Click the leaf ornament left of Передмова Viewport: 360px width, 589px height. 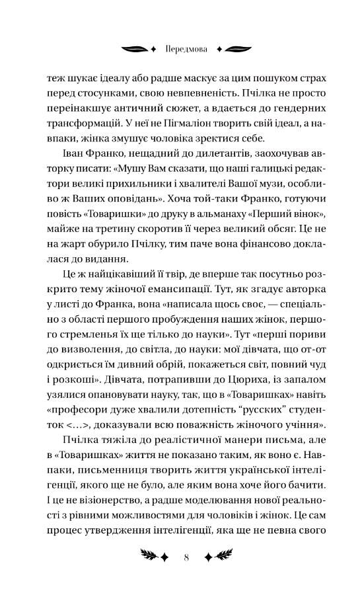pyautogui.click(x=135, y=48)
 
